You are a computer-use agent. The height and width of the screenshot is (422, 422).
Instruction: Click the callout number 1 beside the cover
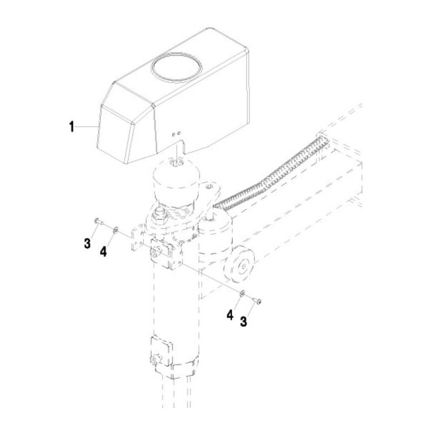click(71, 127)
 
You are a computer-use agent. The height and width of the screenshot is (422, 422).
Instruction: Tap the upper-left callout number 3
click(87, 243)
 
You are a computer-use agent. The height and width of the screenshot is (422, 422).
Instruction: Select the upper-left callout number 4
click(103, 252)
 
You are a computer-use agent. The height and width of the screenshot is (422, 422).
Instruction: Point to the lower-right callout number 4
click(230, 315)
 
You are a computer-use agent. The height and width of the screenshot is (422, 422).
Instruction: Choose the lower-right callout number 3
click(243, 322)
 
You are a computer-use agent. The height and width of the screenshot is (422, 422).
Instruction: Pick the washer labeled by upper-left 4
click(115, 230)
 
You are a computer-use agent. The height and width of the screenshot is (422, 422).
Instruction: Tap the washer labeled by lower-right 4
click(242, 293)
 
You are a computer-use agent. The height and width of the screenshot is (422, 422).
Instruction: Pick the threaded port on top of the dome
click(176, 162)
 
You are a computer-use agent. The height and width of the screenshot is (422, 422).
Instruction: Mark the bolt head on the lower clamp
click(154, 360)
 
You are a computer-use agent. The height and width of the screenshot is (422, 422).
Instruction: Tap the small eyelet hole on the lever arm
click(211, 186)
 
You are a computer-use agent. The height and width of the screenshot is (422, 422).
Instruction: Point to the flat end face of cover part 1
click(113, 135)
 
